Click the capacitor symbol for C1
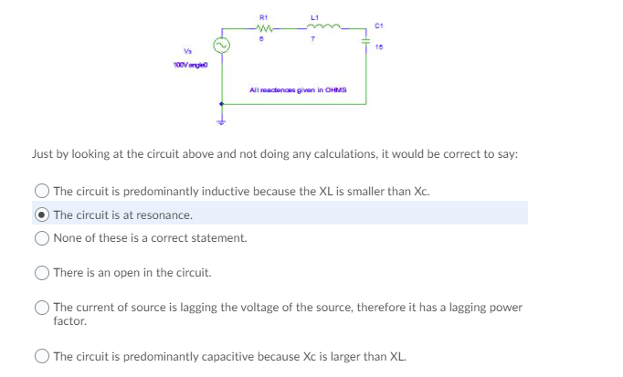click(x=365, y=41)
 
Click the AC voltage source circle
click(x=220, y=44)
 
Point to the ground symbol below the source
click(x=220, y=121)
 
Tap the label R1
click(x=262, y=15)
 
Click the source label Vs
click(x=189, y=51)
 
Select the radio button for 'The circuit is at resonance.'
click(x=42, y=215)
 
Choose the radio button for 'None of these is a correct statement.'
click(x=42, y=237)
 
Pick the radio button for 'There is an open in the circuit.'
click(x=42, y=272)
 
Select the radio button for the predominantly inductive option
click(x=42, y=191)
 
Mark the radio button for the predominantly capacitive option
click(x=42, y=355)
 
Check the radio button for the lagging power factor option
click(x=42, y=307)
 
